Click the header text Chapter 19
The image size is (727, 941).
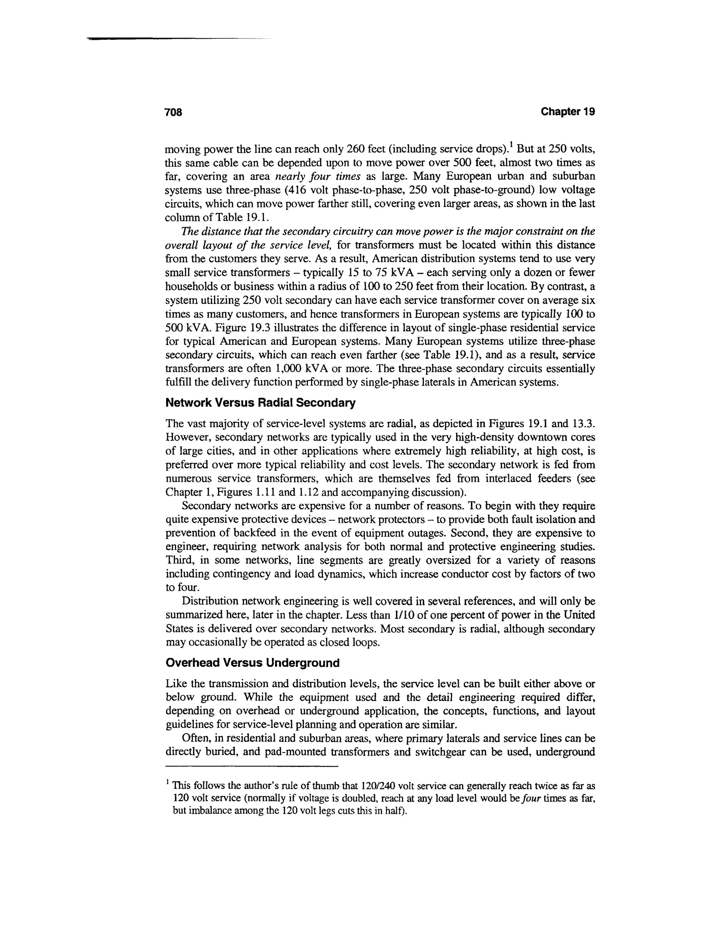568,111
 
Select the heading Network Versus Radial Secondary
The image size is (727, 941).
261,403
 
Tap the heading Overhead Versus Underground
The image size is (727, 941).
252,663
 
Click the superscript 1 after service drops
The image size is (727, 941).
510,145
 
